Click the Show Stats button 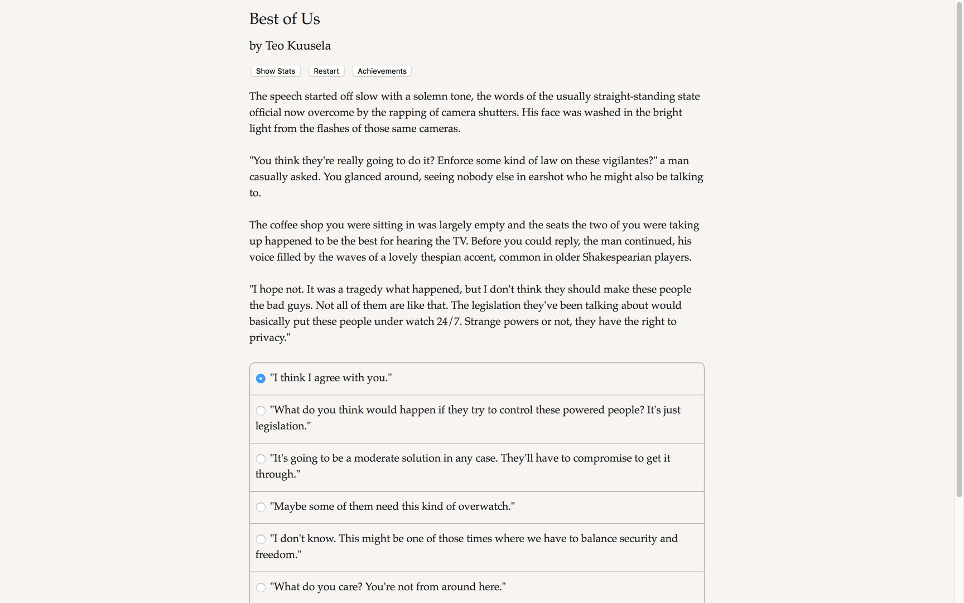coord(276,71)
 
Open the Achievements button coord(382,71)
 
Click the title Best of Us coord(285,19)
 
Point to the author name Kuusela coord(309,46)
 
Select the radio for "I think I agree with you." coord(261,379)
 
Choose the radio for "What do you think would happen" coord(261,411)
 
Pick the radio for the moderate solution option coord(261,459)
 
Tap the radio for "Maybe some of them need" coord(261,507)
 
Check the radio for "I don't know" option coord(261,539)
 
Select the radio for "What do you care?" coord(261,587)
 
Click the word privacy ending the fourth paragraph coord(268,338)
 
